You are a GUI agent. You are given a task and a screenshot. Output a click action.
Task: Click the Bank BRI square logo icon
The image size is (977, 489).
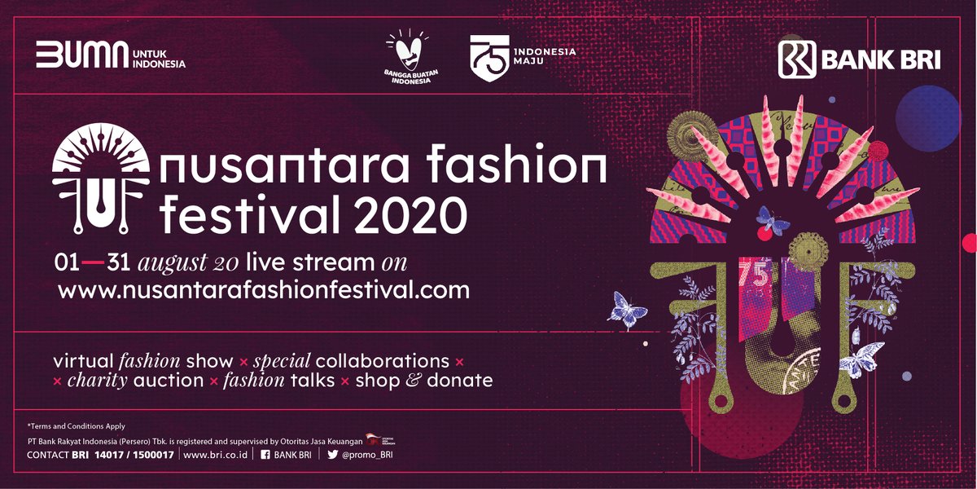(x=795, y=59)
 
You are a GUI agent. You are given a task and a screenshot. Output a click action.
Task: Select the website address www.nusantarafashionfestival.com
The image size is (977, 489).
(x=264, y=289)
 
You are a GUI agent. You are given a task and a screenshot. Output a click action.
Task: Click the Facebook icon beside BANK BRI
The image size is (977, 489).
(x=265, y=454)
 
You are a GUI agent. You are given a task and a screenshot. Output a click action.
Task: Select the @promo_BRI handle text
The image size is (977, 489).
(x=368, y=454)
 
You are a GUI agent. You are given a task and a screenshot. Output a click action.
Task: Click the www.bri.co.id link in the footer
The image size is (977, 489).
(x=216, y=454)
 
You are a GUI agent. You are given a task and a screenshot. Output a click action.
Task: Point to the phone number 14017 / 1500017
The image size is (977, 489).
(x=134, y=454)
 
